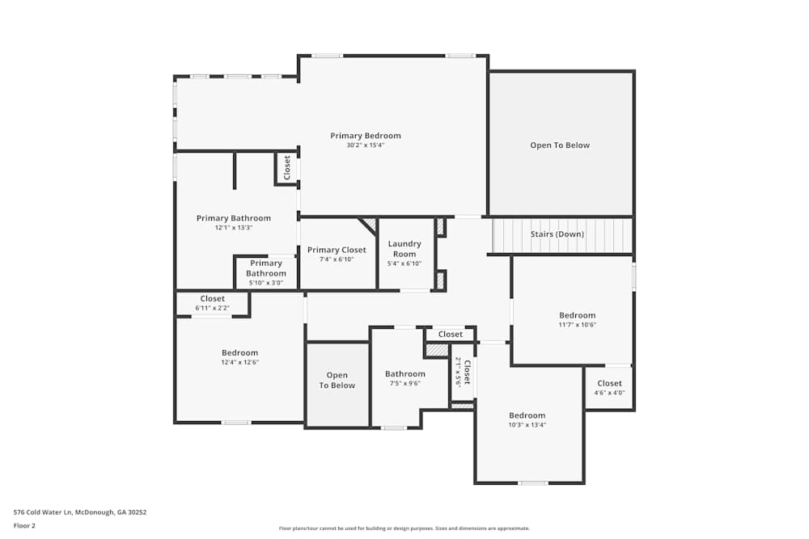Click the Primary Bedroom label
pos(366,136)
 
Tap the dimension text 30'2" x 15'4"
pos(366,145)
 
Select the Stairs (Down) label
pos(557,234)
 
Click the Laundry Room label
pos(404,249)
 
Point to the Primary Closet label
pos(337,250)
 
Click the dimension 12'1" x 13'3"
pos(234,228)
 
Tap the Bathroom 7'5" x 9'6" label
pos(405,374)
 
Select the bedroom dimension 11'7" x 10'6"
pos(578,325)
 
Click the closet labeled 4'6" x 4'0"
pos(609,384)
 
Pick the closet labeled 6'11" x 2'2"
pos(213,299)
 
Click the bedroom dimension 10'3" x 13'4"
pos(527,424)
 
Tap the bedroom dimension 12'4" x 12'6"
pos(239,362)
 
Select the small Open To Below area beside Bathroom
pos(337,381)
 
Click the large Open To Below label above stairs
pos(560,145)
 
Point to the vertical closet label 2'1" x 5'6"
pos(463,372)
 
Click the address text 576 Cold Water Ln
pos(80,512)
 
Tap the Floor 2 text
pos(24,525)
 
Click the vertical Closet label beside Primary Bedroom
pos(286,168)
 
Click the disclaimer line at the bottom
pos(404,528)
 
